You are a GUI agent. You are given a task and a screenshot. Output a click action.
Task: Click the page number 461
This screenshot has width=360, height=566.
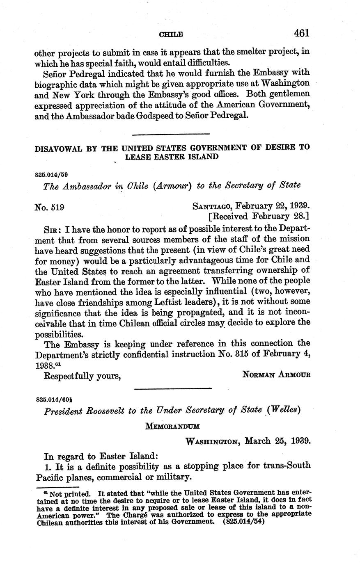[x=301, y=33]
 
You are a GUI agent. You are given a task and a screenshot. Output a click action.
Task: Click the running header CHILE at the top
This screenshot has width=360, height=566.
[x=170, y=35]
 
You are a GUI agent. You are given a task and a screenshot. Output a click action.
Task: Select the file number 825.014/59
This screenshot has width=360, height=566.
[x=52, y=174]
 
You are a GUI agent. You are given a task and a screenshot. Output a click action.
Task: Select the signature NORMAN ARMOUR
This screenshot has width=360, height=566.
[x=276, y=374]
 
